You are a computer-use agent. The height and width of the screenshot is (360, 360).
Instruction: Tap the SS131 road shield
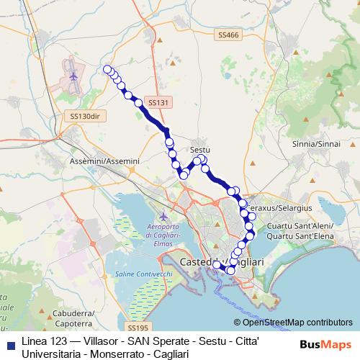[x=158, y=103]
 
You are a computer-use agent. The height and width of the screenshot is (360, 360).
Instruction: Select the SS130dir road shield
[x=85, y=116]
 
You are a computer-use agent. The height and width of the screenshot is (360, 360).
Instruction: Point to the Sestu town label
[x=200, y=150]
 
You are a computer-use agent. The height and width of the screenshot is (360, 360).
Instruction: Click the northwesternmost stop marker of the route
[x=108, y=69]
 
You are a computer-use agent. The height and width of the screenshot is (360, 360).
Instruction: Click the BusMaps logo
[x=327, y=345]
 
